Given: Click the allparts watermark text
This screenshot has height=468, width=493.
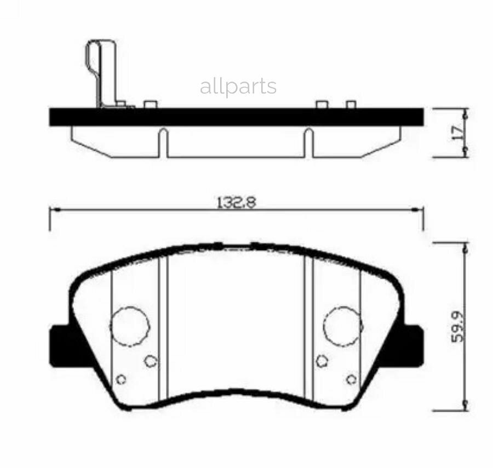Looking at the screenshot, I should pos(238,86).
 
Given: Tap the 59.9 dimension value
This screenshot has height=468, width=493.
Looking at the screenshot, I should pos(458,327).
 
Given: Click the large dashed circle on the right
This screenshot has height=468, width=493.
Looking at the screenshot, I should pos(343,326).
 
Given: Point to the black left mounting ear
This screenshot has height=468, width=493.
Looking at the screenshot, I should pos(61,346).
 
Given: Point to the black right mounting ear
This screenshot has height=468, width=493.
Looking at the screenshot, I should pos(412,346).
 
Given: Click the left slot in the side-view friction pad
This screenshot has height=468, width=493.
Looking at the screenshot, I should pos(163,142).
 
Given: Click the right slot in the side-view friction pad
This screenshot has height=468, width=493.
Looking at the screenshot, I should pos(308,142).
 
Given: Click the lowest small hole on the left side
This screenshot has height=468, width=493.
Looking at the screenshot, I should pos(122,379).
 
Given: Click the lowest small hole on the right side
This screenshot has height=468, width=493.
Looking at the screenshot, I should pos(352,379).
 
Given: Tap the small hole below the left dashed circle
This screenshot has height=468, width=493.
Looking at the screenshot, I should pos(151,361).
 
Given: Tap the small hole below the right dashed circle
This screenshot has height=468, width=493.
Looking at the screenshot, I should pos(322,360).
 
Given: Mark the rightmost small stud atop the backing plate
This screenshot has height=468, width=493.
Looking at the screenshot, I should pos(351,104).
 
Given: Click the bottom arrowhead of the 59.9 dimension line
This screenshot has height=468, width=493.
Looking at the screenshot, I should pos(466,405).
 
